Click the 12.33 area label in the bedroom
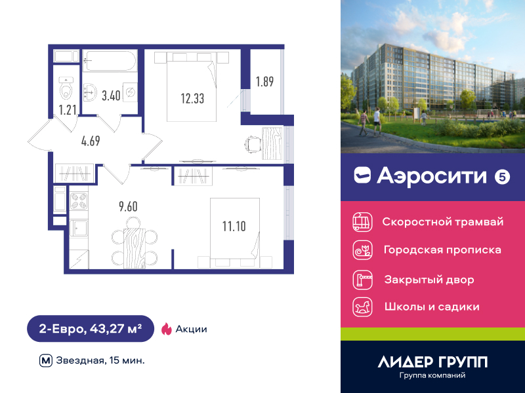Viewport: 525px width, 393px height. point(192,99)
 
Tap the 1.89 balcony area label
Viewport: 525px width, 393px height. point(265,81)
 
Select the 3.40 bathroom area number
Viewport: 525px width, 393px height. point(111,96)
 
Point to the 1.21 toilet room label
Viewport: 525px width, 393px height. point(68,110)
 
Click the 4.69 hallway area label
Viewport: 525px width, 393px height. point(91,141)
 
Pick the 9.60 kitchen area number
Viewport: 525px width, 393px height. point(128,206)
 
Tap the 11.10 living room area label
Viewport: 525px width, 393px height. point(234,226)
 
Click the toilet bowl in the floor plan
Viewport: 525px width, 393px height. point(66,88)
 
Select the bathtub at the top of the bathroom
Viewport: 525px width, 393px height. point(110,60)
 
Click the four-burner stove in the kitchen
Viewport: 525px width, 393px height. point(79,201)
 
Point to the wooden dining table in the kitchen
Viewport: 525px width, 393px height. point(135,248)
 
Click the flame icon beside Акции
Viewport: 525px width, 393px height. point(167,329)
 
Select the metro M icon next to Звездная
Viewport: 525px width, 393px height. point(46,361)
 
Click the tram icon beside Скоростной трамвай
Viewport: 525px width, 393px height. point(363,222)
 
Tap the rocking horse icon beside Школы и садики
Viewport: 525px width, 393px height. point(363,307)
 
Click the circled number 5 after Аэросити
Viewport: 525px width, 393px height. point(502,177)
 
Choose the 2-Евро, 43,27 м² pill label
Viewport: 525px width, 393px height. point(91,329)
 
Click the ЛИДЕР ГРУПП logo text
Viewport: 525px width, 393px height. point(432,362)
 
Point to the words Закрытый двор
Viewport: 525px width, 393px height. point(429,280)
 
